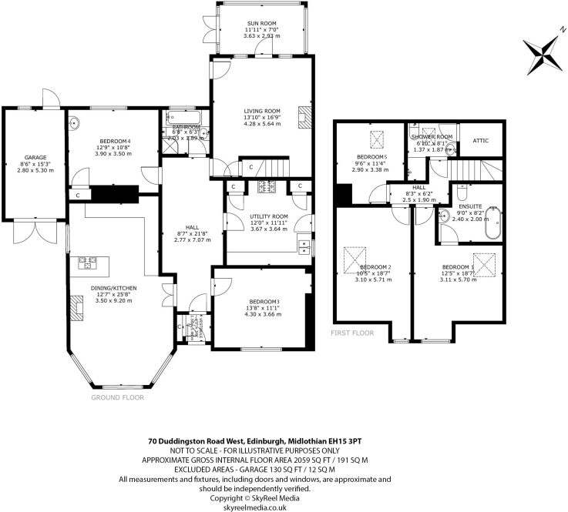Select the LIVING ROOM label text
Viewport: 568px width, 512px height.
pos(264,111)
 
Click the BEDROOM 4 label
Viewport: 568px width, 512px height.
pos(113,140)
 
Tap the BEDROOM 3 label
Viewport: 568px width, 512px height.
pos(264,301)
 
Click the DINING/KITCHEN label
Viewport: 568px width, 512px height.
pos(113,288)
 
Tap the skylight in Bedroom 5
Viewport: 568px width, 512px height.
pos(378,139)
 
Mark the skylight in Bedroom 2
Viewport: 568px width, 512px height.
pos(355,256)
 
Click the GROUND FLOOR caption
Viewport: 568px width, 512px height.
pos(118,398)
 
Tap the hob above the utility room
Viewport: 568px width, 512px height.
pos(266,186)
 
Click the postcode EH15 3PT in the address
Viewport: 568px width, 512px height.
pos(346,441)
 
